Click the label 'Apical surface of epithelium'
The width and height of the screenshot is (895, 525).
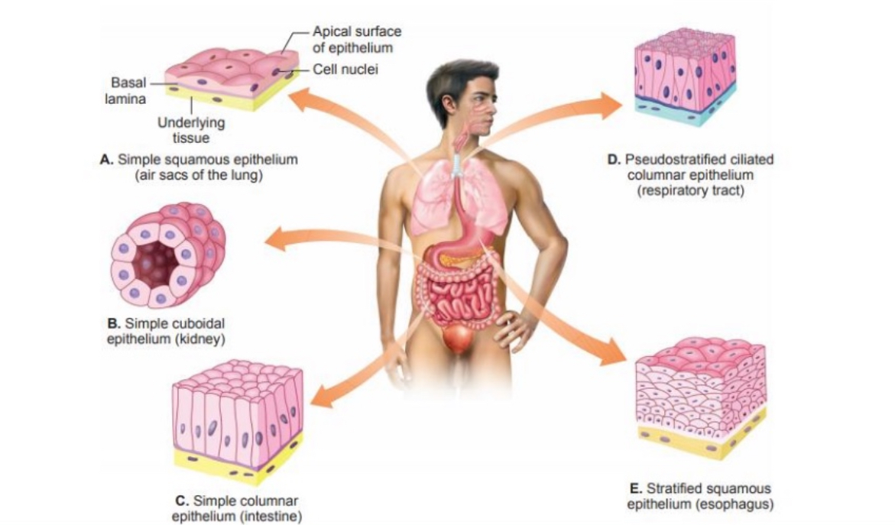pos(357,39)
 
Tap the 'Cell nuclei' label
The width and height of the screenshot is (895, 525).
pos(346,69)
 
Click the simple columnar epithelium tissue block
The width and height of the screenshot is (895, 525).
pos(237,420)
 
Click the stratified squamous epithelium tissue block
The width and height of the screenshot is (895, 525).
pos(700,397)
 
